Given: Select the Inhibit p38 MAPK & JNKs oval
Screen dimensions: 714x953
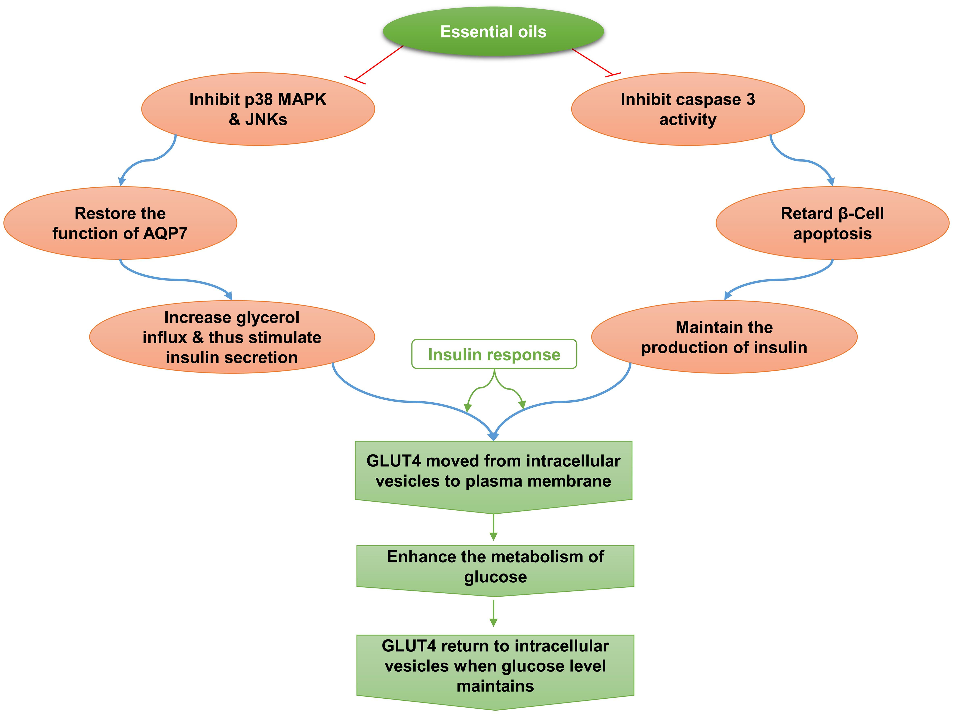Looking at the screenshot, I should [258, 109].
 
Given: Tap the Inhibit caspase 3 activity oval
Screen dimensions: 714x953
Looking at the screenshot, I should [688, 109].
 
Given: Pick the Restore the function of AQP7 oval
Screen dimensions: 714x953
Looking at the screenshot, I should [120, 223].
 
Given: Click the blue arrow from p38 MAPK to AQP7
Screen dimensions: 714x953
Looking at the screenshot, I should [149, 160].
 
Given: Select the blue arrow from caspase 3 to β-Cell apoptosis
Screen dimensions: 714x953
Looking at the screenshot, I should [800, 160].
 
